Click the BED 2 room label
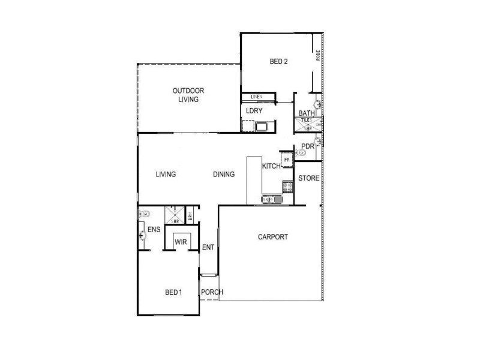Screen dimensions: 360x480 tap(279, 60)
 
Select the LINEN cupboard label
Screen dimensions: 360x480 tap(257, 97)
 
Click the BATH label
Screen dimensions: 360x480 tap(307, 113)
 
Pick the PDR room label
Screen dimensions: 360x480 tap(308, 146)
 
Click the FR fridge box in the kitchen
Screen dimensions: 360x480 tap(287, 160)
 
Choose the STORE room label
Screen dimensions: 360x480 tap(309, 178)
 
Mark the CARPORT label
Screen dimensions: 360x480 tap(273, 237)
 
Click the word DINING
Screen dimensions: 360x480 tap(224, 175)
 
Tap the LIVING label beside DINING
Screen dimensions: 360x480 tap(166, 175)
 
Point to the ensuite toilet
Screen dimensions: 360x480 tap(145, 212)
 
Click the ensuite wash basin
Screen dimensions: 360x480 tap(142, 236)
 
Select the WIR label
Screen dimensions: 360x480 tap(179, 242)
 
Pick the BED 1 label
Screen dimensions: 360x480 tap(173, 292)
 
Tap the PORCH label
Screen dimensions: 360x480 tap(212, 292)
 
